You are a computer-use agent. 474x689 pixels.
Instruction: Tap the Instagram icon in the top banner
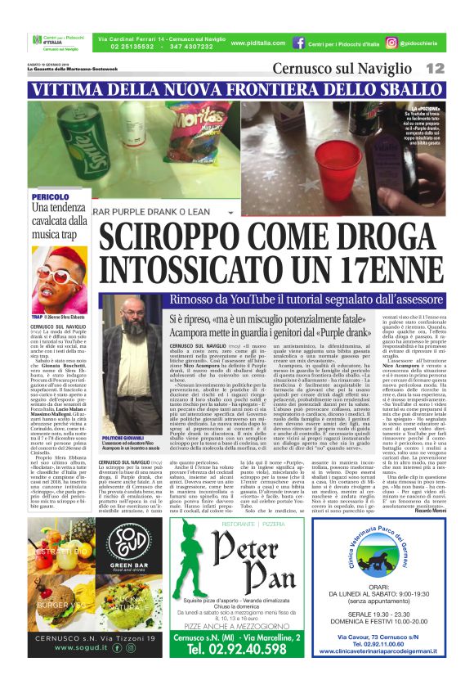pos(392,43)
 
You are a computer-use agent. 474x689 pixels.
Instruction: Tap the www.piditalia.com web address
pos(253,43)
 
